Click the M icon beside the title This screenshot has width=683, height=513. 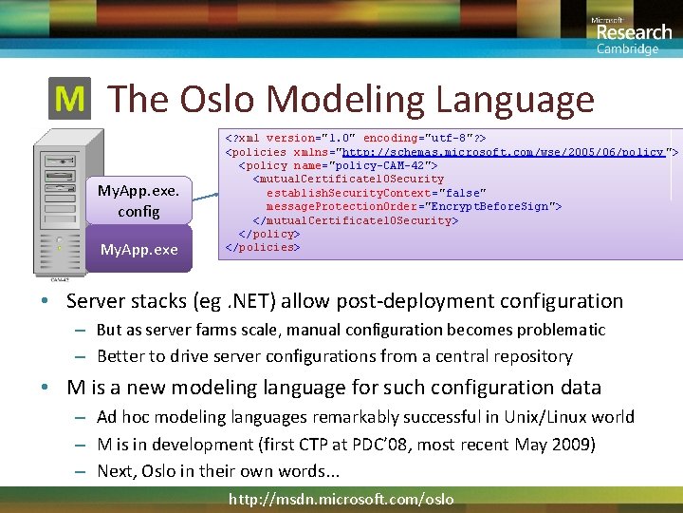coord(70,99)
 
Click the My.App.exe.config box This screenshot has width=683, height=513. coord(138,200)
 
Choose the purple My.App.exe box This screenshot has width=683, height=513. coord(138,250)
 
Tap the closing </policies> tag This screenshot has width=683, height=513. coord(262,247)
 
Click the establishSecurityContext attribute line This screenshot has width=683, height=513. coord(376,193)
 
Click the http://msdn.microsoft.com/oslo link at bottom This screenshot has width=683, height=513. coord(341,499)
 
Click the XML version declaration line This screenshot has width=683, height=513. coord(355,138)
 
